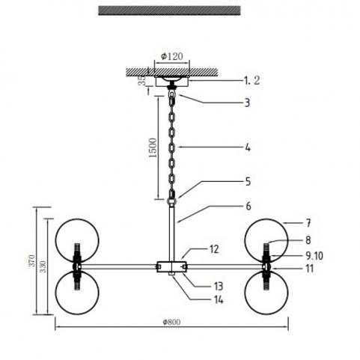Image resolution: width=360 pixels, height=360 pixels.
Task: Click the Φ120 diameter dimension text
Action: (x=172, y=56)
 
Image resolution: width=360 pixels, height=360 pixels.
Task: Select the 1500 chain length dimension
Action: (x=153, y=147)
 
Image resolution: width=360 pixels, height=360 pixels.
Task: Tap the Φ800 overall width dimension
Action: (x=171, y=322)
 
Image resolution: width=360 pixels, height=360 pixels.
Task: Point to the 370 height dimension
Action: (x=32, y=260)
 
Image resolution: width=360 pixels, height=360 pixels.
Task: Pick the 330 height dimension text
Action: (x=43, y=266)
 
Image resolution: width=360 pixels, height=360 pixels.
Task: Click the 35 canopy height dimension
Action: (x=142, y=80)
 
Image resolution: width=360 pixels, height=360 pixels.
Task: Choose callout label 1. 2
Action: (x=251, y=80)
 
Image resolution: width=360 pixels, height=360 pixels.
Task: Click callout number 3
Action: (x=247, y=103)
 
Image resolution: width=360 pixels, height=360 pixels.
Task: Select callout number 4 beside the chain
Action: (x=248, y=147)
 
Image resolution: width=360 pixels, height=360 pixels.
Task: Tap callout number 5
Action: (x=248, y=182)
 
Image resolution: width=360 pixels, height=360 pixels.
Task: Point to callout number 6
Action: (x=248, y=206)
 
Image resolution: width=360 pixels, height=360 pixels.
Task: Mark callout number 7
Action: (x=308, y=223)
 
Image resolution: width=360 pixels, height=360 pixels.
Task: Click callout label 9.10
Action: (x=314, y=256)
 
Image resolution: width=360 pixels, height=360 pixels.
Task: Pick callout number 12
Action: (x=214, y=249)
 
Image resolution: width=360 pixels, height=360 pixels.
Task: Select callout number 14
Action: (x=219, y=299)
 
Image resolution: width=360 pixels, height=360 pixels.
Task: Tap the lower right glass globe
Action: (x=266, y=293)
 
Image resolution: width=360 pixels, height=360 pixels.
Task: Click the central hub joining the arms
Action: (x=172, y=266)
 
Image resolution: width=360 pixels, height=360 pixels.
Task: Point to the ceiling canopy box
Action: (x=172, y=82)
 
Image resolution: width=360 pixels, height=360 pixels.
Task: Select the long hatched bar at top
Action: (x=169, y=10)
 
